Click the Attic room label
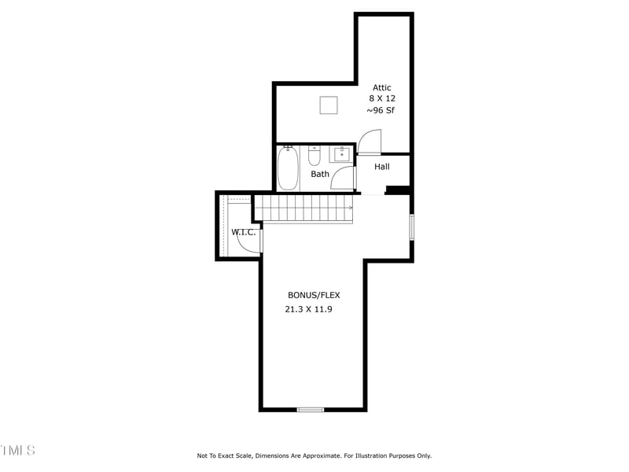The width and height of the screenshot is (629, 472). click(382, 88)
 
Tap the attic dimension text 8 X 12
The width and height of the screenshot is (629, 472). click(382, 99)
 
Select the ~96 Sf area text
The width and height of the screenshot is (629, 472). click(381, 111)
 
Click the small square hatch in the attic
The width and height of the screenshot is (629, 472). click(329, 105)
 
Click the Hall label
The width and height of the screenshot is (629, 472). click(382, 167)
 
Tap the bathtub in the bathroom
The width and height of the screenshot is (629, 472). click(288, 168)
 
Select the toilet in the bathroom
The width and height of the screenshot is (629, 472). click(314, 154)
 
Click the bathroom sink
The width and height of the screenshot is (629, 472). click(341, 153)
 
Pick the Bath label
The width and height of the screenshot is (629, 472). click(320, 174)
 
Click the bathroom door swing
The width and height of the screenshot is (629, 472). click(343, 179)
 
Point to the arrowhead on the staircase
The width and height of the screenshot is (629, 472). click(350, 208)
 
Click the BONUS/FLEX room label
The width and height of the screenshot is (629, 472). click(314, 296)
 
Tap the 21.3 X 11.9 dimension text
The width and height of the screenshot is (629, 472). click(308, 309)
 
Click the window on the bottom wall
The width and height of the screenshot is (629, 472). click(311, 409)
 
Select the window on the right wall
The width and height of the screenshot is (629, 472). click(411, 227)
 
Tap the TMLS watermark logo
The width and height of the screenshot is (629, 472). click(17, 451)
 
